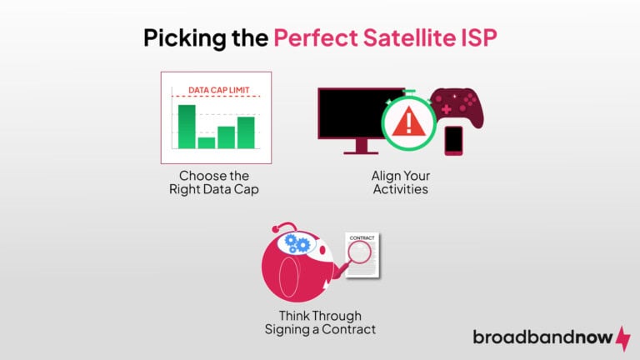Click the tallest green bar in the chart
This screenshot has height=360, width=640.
187,126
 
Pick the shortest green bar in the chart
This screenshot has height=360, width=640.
207,142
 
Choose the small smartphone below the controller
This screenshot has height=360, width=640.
453,139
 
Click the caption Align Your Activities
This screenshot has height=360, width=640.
401,183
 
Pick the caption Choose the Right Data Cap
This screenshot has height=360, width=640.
214,183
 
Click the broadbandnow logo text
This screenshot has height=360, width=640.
542,337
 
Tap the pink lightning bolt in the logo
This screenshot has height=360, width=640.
622,337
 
